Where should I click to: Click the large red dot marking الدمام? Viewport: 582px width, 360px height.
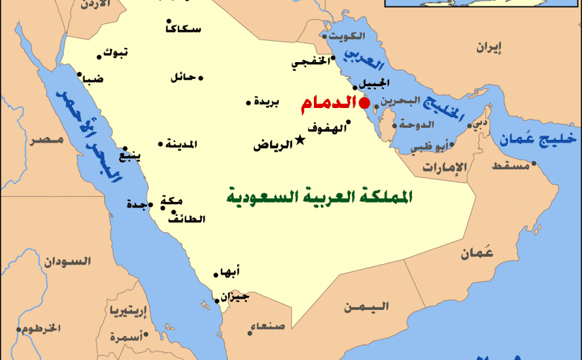point(364,104)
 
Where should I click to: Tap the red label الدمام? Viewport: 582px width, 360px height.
point(327,105)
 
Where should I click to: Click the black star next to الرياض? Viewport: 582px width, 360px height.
point(301,140)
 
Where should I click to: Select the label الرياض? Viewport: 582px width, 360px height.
point(273,145)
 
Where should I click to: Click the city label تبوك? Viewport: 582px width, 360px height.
point(116,52)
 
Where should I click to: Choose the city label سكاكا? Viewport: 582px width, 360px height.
point(182,29)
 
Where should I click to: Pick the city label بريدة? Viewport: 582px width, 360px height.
point(266,102)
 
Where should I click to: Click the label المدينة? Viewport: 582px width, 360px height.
point(181,145)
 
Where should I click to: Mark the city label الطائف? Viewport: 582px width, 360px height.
point(186,219)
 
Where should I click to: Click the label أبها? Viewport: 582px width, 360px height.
point(231,272)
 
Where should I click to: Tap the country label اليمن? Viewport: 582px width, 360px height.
point(366,307)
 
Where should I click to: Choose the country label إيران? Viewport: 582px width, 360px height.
point(489,48)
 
